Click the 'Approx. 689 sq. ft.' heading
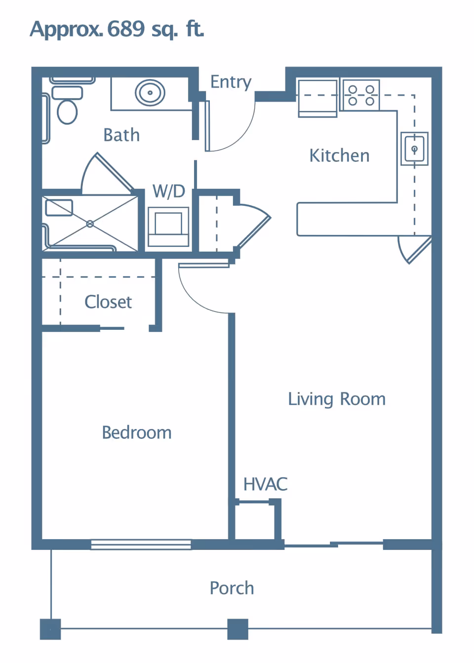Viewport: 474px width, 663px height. (117, 29)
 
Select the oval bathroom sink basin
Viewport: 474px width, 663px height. (150, 92)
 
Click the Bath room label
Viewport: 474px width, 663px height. (121, 135)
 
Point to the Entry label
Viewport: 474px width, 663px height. (231, 82)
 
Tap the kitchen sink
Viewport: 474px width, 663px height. (414, 149)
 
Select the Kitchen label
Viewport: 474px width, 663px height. (339, 156)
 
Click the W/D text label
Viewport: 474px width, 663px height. (169, 191)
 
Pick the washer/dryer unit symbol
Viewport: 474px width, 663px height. (168, 227)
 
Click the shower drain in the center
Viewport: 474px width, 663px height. (90, 224)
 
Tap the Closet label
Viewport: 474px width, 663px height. (108, 302)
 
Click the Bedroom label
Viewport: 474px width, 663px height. (137, 433)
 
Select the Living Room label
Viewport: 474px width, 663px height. (337, 399)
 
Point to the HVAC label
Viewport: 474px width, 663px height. (265, 484)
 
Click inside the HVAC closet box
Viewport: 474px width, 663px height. (254, 522)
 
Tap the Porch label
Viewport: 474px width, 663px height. (232, 588)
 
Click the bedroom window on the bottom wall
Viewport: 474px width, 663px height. (141, 545)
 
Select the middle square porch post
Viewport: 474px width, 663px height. (237, 629)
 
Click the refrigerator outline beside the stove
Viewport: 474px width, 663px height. (317, 98)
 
